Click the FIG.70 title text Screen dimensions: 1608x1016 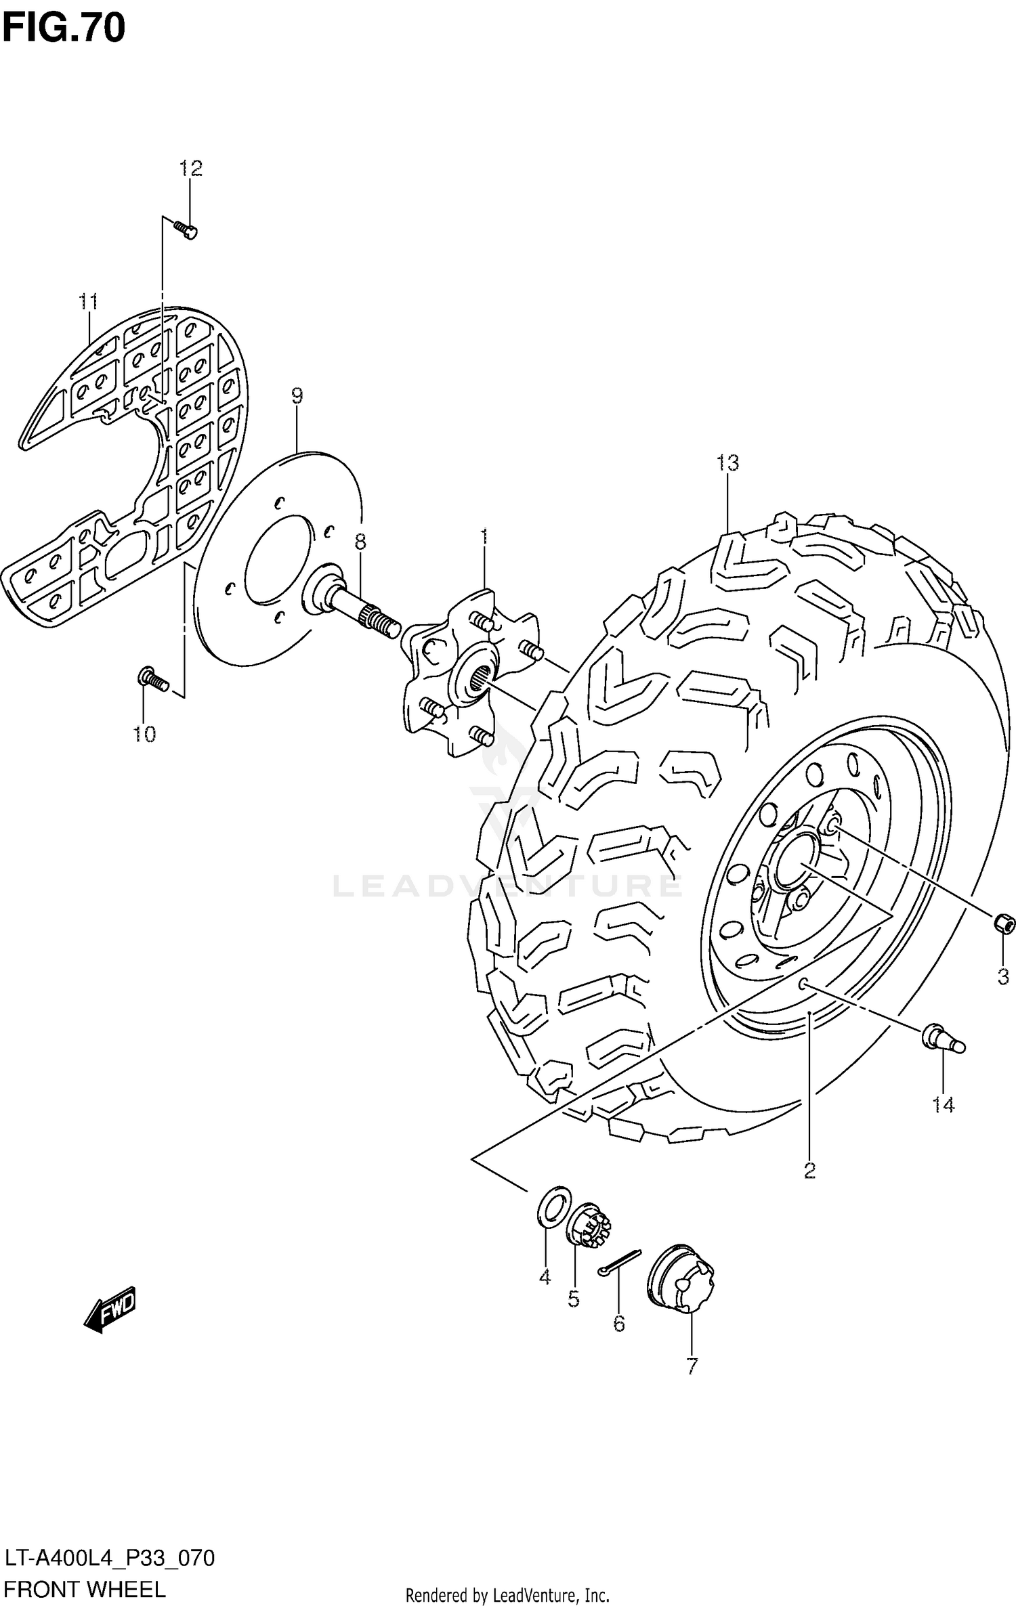(64, 28)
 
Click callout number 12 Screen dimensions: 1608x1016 (190, 168)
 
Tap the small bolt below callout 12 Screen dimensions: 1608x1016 (186, 230)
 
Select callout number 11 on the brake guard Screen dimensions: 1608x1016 (88, 301)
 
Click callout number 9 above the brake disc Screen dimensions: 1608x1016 (297, 395)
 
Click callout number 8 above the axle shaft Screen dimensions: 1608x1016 (360, 541)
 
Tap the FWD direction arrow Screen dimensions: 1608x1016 (110, 1309)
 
